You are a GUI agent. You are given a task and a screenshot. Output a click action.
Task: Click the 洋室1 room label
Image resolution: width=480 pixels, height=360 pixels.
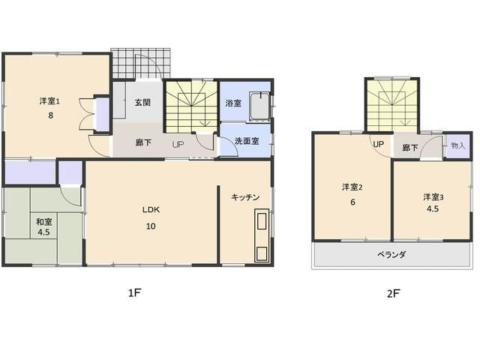coord(50,100)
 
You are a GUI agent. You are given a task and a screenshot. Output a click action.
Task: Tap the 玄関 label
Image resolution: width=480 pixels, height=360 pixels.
coord(143,103)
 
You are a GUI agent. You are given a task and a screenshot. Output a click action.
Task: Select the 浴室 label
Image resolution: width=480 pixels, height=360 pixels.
coord(233,103)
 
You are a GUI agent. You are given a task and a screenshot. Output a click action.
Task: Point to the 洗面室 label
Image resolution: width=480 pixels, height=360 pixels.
coord(245,141)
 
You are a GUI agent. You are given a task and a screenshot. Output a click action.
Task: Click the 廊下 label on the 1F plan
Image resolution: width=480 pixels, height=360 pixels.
coord(143,142)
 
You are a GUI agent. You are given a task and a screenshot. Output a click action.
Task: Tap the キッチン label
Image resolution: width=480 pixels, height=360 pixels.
coord(245,197)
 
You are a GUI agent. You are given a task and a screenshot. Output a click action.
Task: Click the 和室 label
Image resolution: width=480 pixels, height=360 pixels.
coord(43,222)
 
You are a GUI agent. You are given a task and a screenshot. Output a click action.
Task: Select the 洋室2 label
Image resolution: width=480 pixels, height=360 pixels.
coord(352,187)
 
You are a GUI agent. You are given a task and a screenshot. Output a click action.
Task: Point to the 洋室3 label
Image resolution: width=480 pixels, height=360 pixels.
coord(433,197)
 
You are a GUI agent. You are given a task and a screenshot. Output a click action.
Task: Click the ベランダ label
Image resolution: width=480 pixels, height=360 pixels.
coord(391,255)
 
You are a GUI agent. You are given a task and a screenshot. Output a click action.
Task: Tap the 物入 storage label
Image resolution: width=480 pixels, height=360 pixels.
coord(457,145)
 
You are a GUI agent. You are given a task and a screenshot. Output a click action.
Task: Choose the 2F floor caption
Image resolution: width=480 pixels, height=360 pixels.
coord(393,293)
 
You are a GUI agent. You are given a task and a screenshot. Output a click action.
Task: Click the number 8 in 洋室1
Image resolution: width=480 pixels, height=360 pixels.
coord(49,115)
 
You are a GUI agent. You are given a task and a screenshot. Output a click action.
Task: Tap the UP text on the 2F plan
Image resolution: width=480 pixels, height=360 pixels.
coord(378,144)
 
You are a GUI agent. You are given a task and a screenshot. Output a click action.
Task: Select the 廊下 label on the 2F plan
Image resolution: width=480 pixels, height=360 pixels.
coord(410,148)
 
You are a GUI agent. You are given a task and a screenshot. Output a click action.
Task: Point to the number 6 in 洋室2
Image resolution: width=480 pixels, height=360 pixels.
coord(352,202)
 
